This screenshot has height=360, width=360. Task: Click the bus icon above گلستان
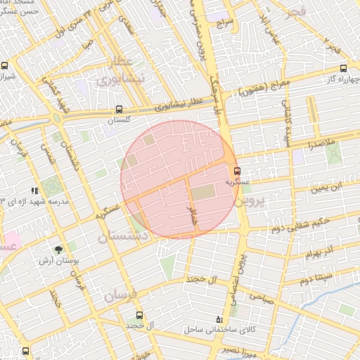pos(119,109)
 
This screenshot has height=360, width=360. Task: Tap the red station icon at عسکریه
pos(236,170)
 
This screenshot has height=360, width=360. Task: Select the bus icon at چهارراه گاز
pos(343,68)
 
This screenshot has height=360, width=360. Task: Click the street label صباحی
pos(259,297)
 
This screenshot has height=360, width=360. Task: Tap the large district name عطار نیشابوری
pos(123,72)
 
